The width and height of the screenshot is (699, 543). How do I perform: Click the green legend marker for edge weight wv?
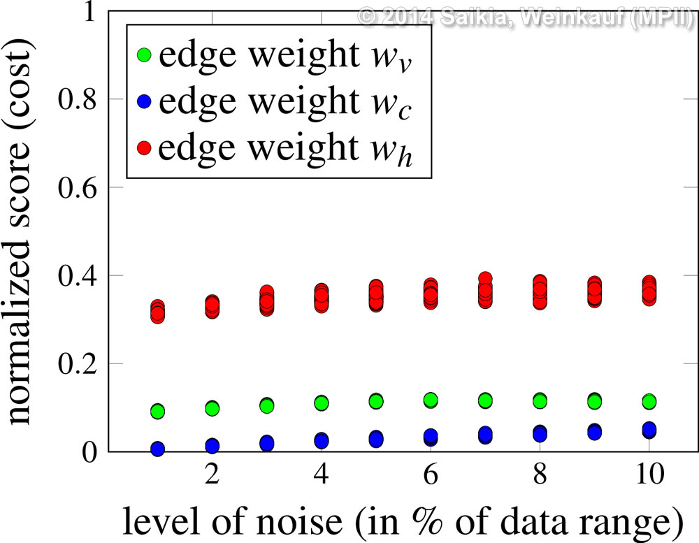click(145, 55)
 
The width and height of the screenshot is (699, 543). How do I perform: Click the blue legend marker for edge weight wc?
click(145, 102)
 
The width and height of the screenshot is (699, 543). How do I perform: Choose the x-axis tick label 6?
click(431, 482)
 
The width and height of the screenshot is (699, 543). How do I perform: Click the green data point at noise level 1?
click(157, 411)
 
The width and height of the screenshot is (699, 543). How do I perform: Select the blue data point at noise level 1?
click(157, 448)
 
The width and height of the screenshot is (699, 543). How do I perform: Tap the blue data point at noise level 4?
click(322, 440)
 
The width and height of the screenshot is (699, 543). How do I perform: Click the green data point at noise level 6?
click(431, 400)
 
